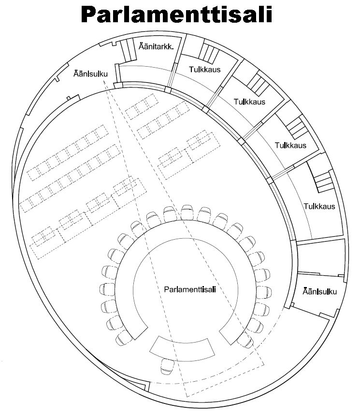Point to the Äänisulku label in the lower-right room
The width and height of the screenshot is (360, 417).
tap(319, 291)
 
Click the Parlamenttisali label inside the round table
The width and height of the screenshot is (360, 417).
tap(189, 289)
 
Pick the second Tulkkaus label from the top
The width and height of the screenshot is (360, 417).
tap(249, 102)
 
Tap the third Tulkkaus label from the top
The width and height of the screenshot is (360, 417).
tap(290, 145)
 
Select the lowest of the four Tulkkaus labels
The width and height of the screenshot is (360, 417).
tap(319, 206)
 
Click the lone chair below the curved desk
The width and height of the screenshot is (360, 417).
tap(168, 366)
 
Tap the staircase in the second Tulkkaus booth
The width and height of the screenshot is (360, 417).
tap(259, 84)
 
